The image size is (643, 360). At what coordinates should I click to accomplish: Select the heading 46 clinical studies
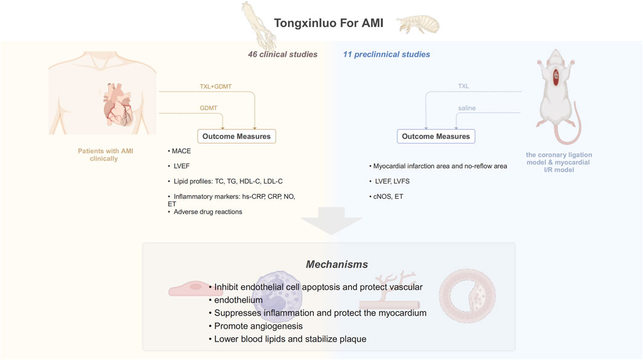pos(278,55)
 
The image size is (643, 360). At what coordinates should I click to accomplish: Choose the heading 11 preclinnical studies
pos(386,55)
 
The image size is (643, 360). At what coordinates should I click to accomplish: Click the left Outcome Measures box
pos(237,137)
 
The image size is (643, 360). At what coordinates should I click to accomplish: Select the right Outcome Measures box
pos(436,137)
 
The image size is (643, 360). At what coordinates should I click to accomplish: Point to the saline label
pos(467,108)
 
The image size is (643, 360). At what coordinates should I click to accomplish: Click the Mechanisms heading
pos(337,264)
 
